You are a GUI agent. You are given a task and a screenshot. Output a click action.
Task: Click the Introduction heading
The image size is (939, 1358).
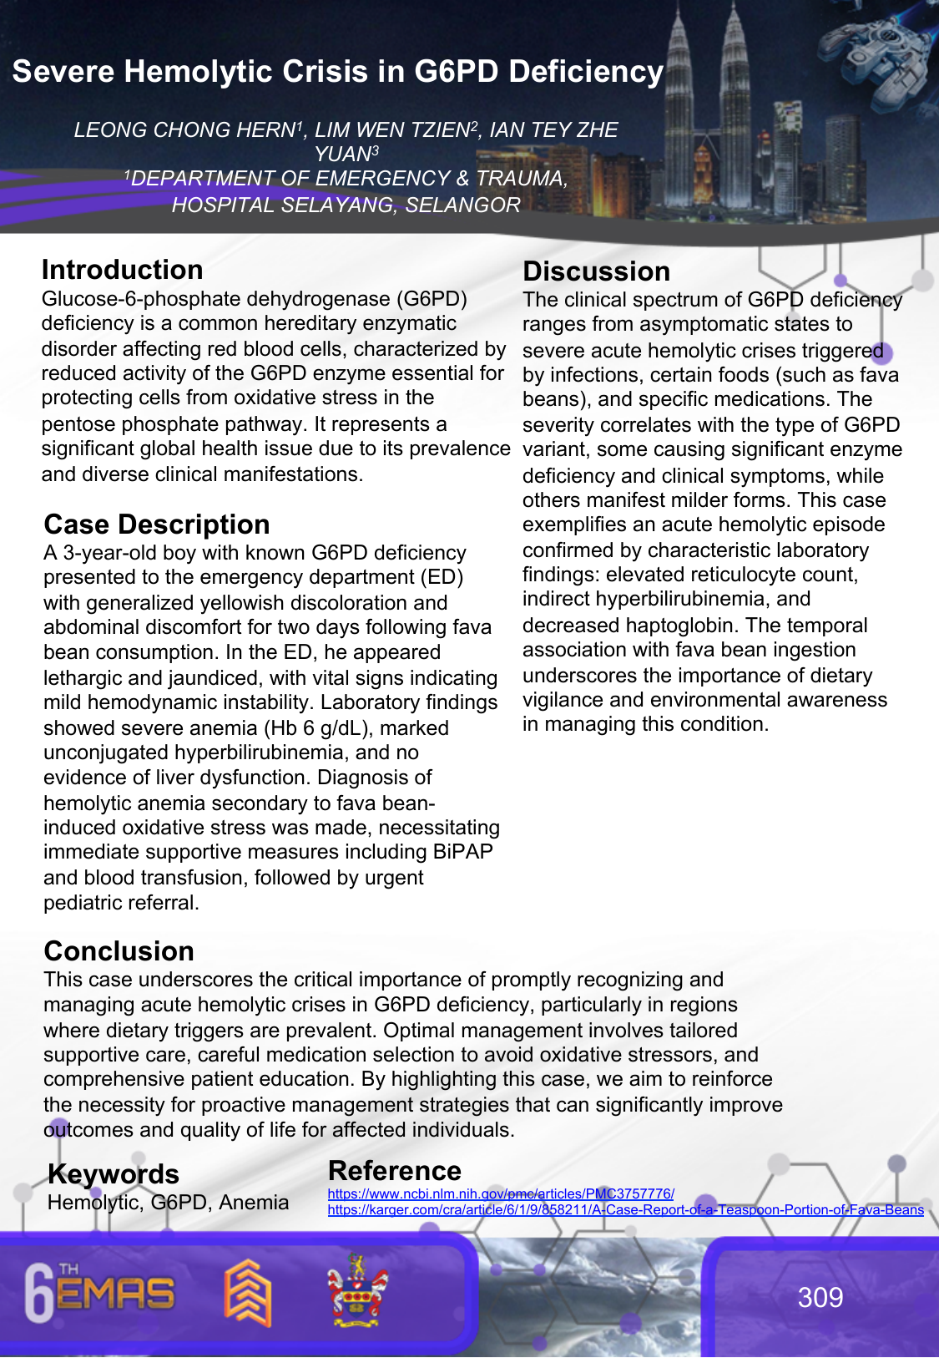point(122,270)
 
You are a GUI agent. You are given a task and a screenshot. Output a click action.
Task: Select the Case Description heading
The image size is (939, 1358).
point(157,524)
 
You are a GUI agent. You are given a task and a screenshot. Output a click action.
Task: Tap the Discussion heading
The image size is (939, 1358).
point(596,271)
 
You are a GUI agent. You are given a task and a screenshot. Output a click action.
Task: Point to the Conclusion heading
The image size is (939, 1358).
point(119,951)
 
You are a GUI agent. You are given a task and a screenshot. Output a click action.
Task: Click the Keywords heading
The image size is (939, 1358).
point(114,1174)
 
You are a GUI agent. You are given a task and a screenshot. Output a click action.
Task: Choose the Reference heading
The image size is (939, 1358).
point(394,1171)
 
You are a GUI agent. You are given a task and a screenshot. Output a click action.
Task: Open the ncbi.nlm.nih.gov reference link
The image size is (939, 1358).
point(501,1194)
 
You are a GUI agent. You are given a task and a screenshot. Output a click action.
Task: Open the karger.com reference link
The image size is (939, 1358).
point(625,1209)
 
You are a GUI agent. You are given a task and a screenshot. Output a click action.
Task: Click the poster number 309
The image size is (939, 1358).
point(820,1297)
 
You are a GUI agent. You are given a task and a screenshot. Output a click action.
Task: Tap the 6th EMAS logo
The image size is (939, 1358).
point(99,1294)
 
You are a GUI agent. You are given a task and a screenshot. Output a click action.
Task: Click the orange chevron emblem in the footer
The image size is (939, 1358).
point(248,1293)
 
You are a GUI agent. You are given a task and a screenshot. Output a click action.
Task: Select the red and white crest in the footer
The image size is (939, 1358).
point(357,1291)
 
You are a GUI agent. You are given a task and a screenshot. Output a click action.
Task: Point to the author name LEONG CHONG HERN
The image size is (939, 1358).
point(184,130)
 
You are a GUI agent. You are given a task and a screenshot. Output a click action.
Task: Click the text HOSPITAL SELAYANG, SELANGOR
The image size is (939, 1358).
point(346,205)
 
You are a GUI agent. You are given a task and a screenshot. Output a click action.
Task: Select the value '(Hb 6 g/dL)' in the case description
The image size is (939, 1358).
point(320,728)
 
